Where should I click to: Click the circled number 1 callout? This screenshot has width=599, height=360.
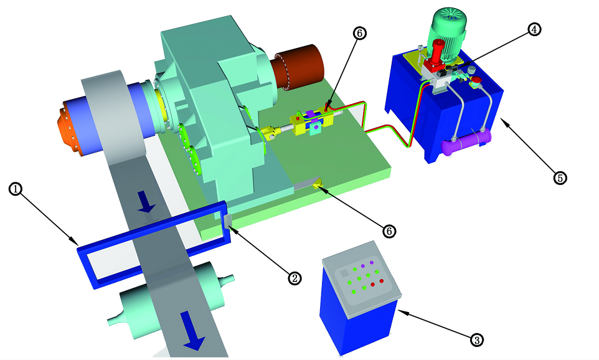(x=16, y=189)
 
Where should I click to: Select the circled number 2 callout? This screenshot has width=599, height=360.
(x=294, y=278)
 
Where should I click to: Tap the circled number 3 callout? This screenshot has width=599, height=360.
(x=476, y=339)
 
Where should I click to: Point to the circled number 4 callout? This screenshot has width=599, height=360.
(x=534, y=29)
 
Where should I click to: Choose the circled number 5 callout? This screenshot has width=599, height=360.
(x=560, y=178)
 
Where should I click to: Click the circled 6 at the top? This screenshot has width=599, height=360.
(x=359, y=33)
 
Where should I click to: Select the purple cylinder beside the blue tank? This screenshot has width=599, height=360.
(x=466, y=142)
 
